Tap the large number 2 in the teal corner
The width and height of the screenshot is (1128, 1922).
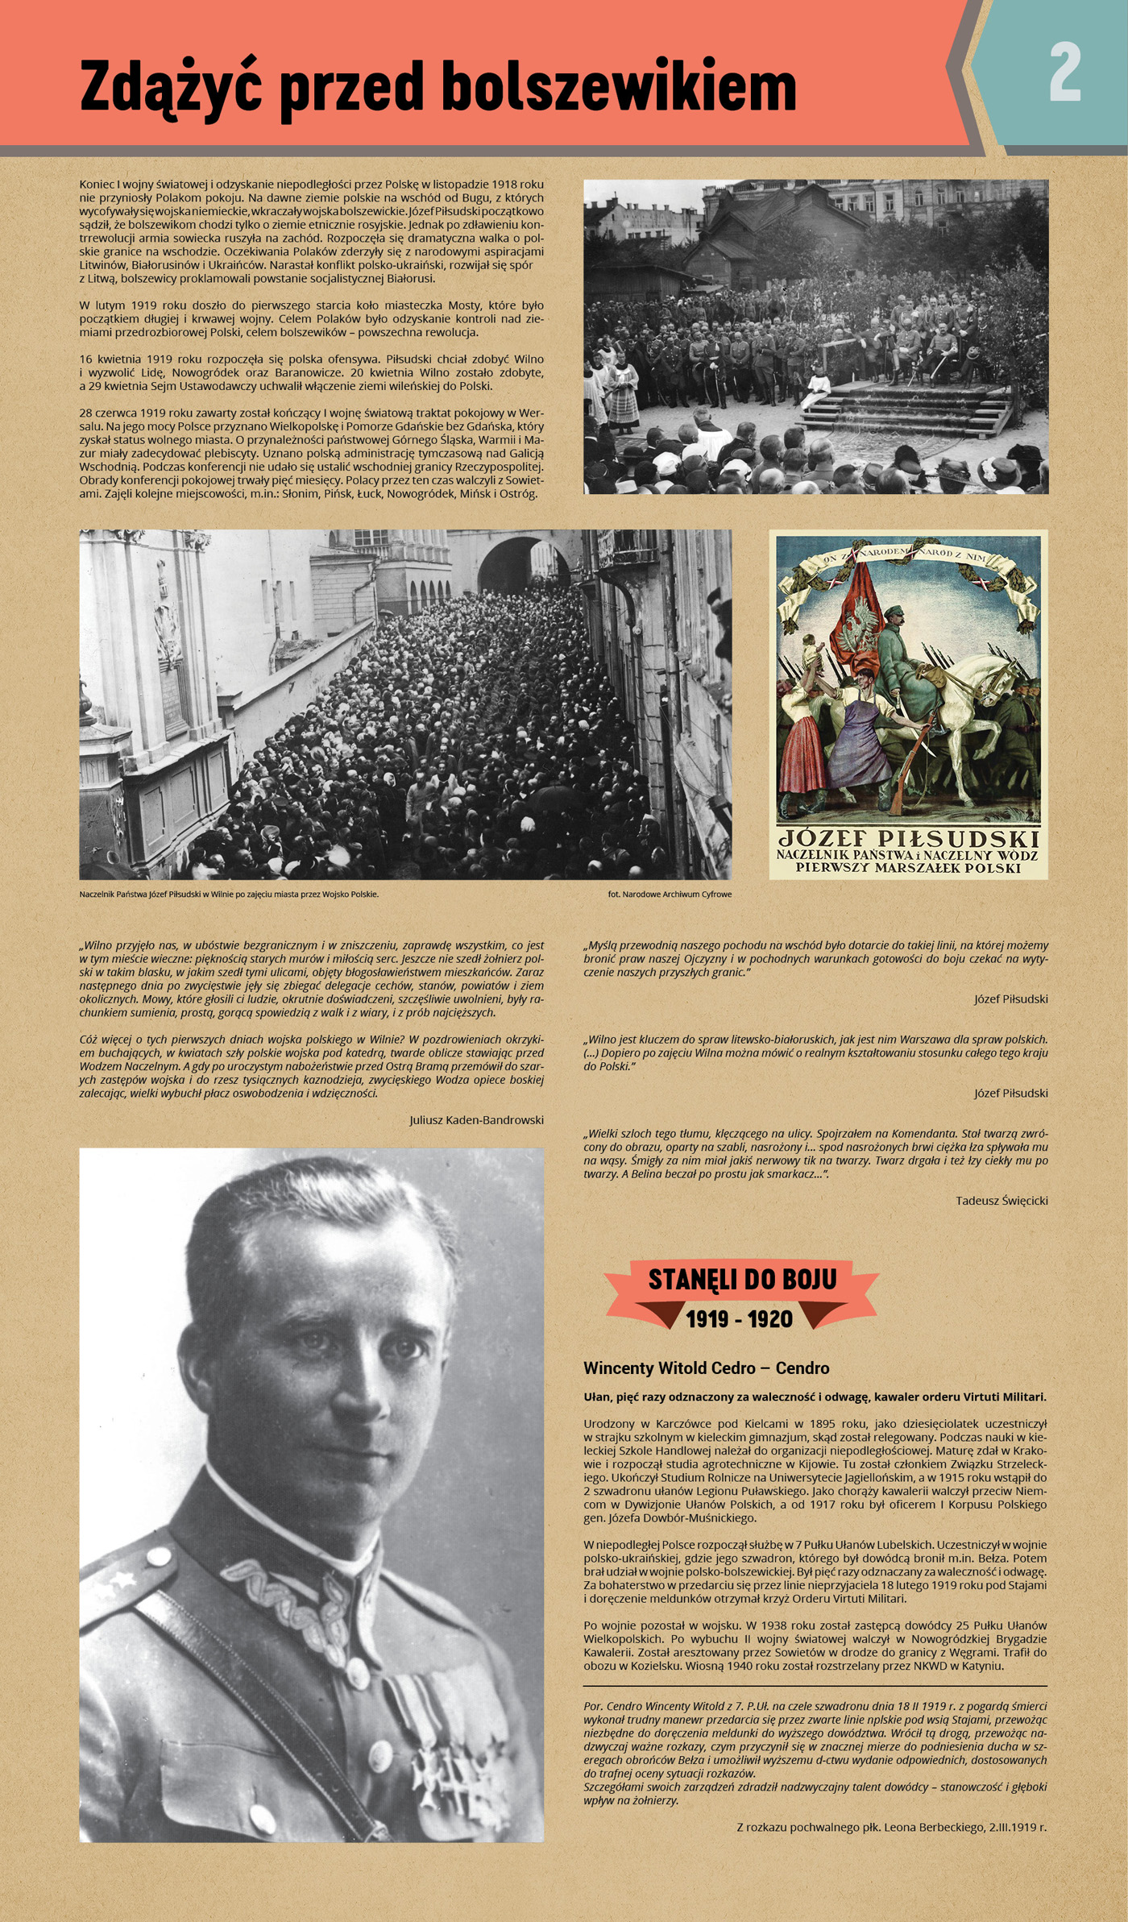1064,73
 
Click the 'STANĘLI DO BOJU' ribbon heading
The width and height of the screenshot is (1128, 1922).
742,1280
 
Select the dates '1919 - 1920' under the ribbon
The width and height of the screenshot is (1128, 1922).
739,1319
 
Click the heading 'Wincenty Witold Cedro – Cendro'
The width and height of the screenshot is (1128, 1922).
706,1368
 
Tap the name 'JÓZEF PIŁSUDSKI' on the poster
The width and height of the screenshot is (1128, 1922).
908,837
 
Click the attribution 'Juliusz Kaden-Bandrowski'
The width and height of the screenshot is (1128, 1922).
476,1120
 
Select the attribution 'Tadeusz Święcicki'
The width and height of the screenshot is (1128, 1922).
1002,1201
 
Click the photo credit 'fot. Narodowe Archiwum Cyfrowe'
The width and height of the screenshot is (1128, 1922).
670,894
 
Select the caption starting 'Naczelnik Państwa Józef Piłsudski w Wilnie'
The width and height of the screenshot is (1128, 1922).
229,894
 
